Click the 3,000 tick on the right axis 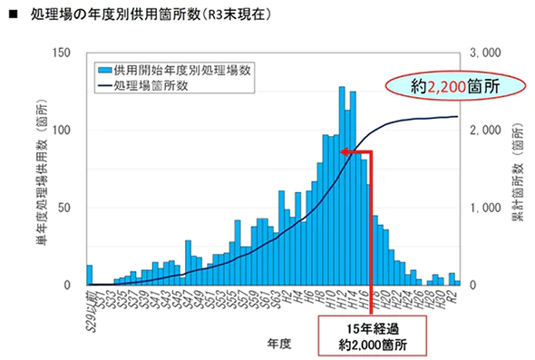click(486, 54)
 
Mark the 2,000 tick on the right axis click(486, 131)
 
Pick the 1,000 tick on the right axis click(486, 208)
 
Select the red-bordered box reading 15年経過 click(372, 335)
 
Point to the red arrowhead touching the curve click(345, 152)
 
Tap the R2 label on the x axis click(452, 297)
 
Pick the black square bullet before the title click(13, 15)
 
